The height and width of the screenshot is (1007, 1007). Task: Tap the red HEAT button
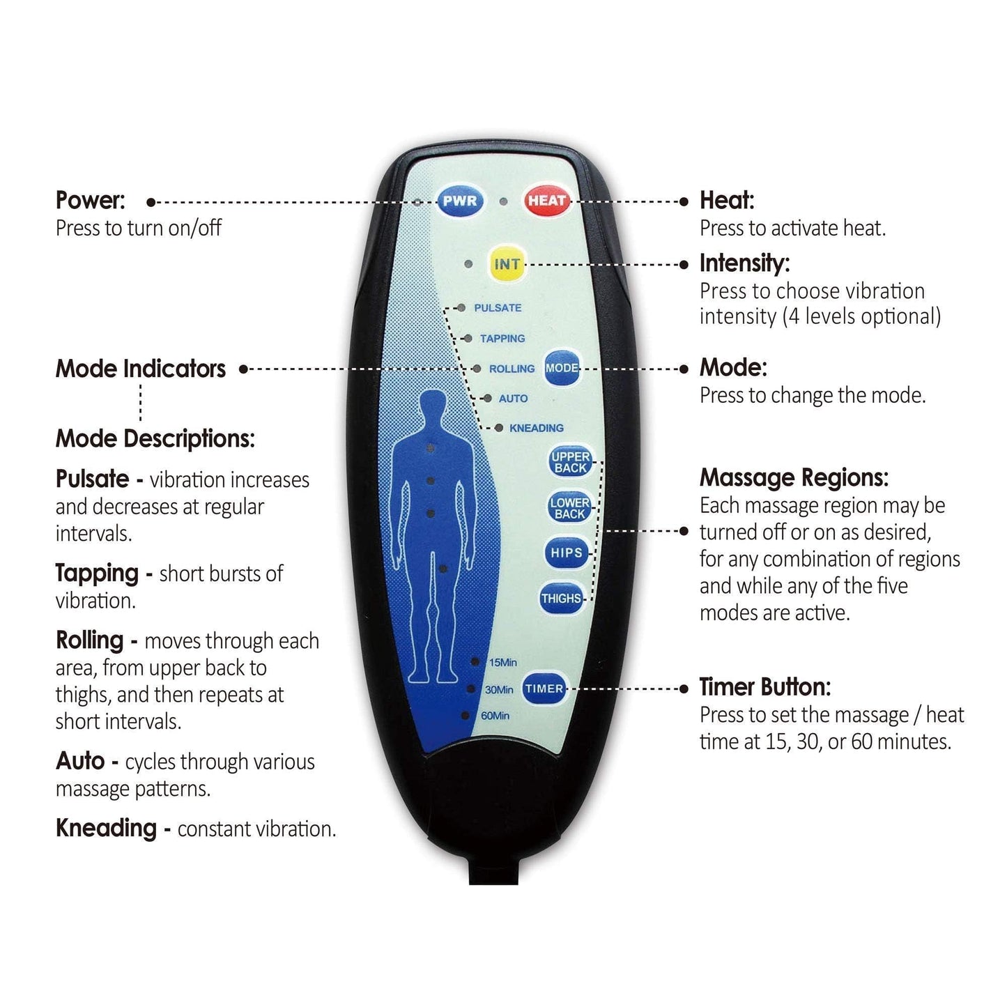click(x=547, y=201)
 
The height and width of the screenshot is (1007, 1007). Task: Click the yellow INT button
click(x=507, y=264)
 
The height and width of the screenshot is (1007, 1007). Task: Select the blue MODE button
click(x=562, y=368)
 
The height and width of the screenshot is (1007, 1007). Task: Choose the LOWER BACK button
click(x=570, y=508)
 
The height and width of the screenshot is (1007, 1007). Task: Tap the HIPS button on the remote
click(x=566, y=553)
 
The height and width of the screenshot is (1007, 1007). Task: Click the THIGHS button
click(x=561, y=598)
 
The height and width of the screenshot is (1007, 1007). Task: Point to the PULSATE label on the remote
click(x=498, y=308)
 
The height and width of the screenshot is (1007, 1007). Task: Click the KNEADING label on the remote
click(x=536, y=428)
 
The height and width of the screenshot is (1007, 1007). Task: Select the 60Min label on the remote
click(x=495, y=716)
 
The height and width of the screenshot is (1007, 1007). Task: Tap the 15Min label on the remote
click(x=502, y=662)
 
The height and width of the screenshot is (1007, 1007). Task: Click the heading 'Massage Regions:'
click(x=794, y=478)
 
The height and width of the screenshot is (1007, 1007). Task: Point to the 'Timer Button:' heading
click(x=765, y=687)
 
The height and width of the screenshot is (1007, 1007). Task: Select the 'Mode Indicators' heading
click(x=141, y=369)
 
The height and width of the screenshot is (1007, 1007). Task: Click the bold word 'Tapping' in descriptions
click(x=97, y=574)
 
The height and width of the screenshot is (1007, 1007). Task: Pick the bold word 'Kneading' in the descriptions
click(x=106, y=829)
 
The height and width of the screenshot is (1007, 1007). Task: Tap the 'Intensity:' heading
click(x=744, y=263)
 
